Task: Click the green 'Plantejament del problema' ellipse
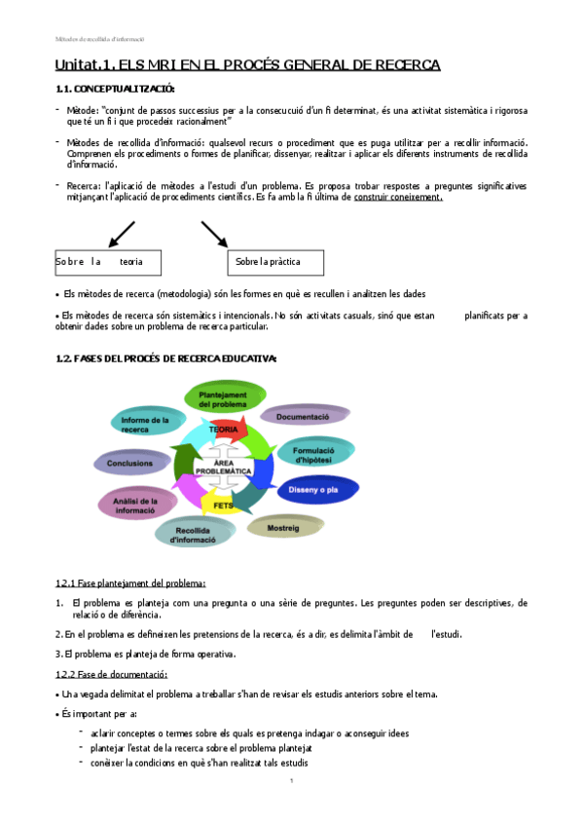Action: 225,397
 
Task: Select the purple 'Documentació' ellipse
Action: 304,417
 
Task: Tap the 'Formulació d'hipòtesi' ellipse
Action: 318,453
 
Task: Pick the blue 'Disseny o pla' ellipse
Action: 318,489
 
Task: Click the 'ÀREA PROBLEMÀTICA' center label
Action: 224,467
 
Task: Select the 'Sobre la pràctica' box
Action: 281,262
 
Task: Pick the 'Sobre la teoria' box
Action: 107,262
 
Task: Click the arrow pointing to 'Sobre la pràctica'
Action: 214,235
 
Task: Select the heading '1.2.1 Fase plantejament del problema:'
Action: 130,582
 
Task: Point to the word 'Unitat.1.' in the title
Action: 85,64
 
